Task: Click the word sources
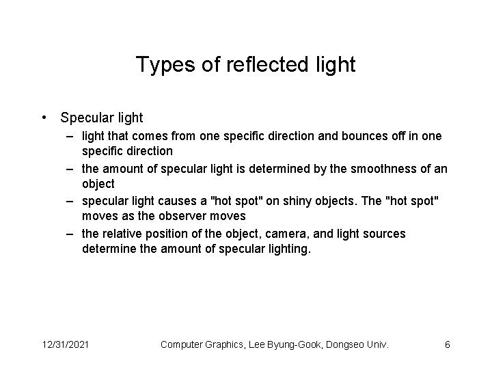pos(384,234)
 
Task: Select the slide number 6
pos(448,344)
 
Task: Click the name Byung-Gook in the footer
pos(291,344)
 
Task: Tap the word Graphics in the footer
pos(230,344)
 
